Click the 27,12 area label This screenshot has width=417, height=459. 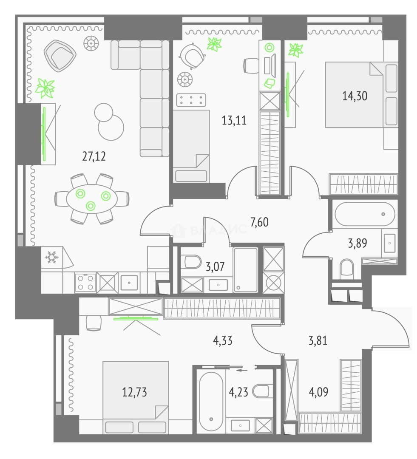(94, 156)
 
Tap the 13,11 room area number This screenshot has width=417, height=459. (234, 120)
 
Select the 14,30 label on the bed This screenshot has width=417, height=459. (355, 96)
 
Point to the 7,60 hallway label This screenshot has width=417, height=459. (259, 222)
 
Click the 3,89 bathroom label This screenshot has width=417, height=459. (357, 243)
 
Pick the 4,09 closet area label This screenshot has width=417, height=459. (318, 392)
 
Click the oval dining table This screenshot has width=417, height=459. (92, 199)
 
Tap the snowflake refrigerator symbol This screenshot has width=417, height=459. (51, 257)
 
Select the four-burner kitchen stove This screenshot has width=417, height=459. (85, 283)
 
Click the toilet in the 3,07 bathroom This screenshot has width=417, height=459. (192, 261)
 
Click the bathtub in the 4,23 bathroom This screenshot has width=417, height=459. (211, 401)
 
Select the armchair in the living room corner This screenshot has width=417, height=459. (60, 56)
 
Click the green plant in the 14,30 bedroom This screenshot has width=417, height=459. (295, 50)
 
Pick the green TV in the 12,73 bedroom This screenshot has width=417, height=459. (136, 318)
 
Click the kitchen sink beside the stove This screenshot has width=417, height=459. (129, 283)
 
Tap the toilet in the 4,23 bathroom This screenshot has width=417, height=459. (260, 391)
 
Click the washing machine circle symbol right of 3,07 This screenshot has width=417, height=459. (273, 283)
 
